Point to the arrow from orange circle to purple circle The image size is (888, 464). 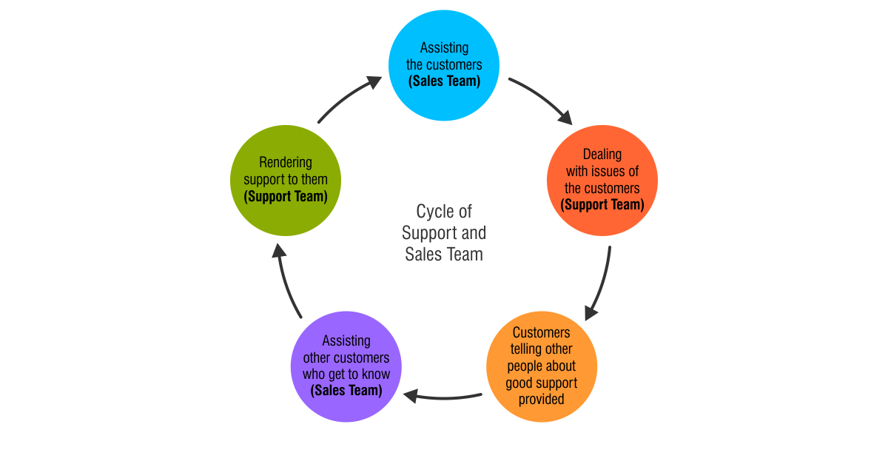pos(443,397)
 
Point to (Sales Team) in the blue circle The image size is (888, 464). pos(444,81)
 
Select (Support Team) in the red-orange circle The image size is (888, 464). pos(602,205)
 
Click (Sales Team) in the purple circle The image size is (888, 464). pos(346,391)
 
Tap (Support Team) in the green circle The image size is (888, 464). pos(286,197)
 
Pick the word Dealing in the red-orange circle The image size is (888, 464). pos(602,155)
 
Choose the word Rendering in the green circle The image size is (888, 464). pos(286,162)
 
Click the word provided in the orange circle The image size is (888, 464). pos(542,400)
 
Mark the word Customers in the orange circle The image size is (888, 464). pos(542,332)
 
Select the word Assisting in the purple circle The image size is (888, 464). pos(346,341)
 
